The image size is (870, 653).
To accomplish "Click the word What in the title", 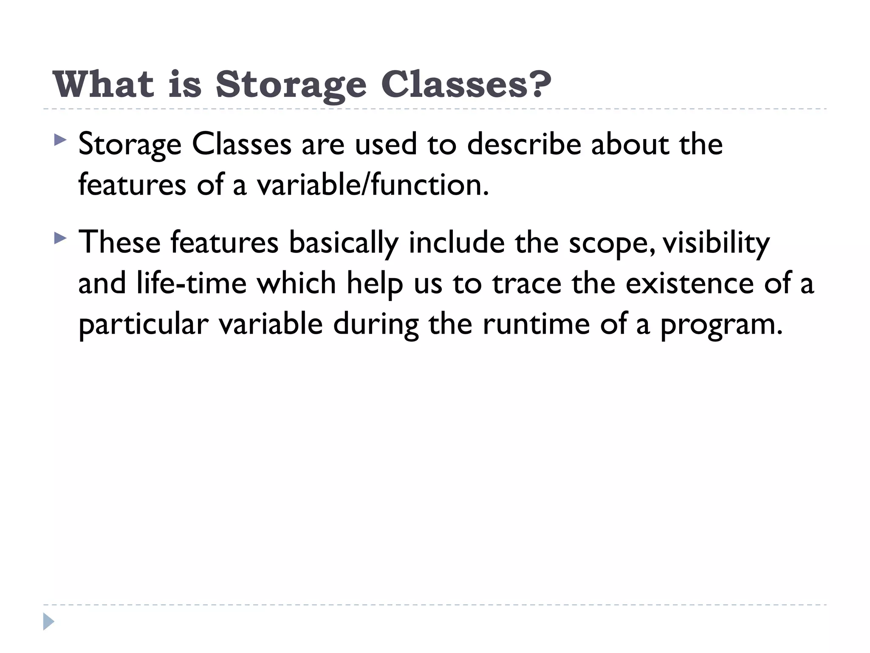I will pos(103,84).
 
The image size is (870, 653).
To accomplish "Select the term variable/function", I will pos(372,185).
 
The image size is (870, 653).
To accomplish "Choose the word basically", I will pos(344,243).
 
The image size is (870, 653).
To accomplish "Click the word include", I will pos(456,242).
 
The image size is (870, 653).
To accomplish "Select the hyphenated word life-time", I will pos(192,283).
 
